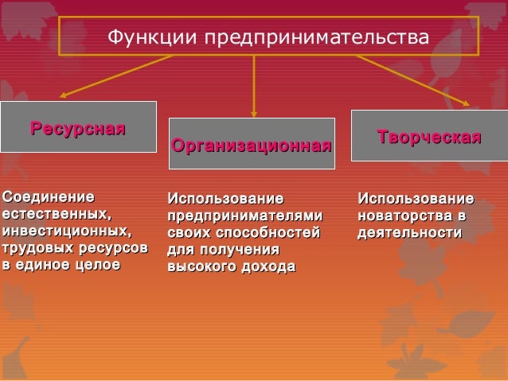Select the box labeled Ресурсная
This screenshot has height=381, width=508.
tap(78, 127)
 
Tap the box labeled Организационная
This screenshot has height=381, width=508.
tap(252, 144)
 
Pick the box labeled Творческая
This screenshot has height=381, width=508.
tap(429, 138)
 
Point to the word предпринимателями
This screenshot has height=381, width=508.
tap(245, 216)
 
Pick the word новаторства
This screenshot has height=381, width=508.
tap(405, 216)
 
